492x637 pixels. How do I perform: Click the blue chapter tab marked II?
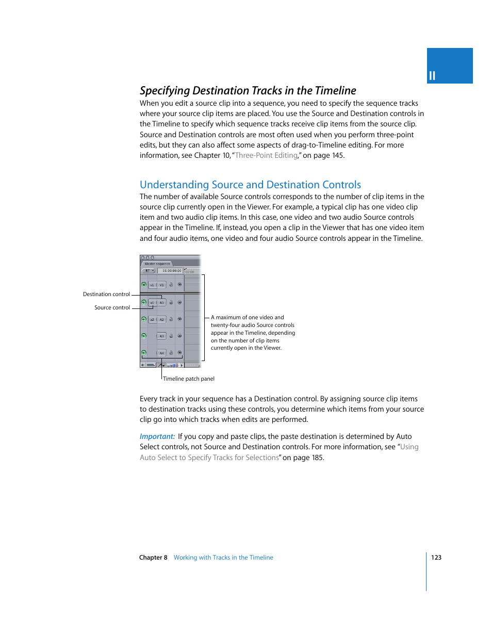(x=449, y=66)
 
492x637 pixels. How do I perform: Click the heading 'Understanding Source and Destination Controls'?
(x=250, y=185)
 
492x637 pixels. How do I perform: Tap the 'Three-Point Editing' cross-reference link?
(x=266, y=155)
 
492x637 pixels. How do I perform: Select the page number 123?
(x=436, y=558)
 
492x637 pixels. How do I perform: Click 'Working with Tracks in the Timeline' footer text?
(x=223, y=558)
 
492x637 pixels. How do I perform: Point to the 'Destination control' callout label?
(x=106, y=294)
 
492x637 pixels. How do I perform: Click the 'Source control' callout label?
(x=112, y=307)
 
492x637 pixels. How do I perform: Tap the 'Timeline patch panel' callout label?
(x=189, y=379)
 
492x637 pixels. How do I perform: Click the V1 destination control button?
(x=161, y=285)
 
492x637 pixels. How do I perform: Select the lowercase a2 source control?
(x=152, y=319)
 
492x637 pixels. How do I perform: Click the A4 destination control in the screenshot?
(x=161, y=353)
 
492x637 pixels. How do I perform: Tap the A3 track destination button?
(x=161, y=336)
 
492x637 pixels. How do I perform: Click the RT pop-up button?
(x=149, y=271)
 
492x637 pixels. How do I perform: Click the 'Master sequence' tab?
(x=157, y=264)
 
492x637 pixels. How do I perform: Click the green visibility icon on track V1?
(x=144, y=285)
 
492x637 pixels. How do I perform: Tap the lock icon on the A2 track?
(x=171, y=319)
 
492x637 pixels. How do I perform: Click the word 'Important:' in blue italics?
(x=157, y=436)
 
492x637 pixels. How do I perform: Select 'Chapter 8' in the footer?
(x=153, y=558)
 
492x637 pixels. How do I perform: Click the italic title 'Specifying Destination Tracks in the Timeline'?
(x=248, y=91)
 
